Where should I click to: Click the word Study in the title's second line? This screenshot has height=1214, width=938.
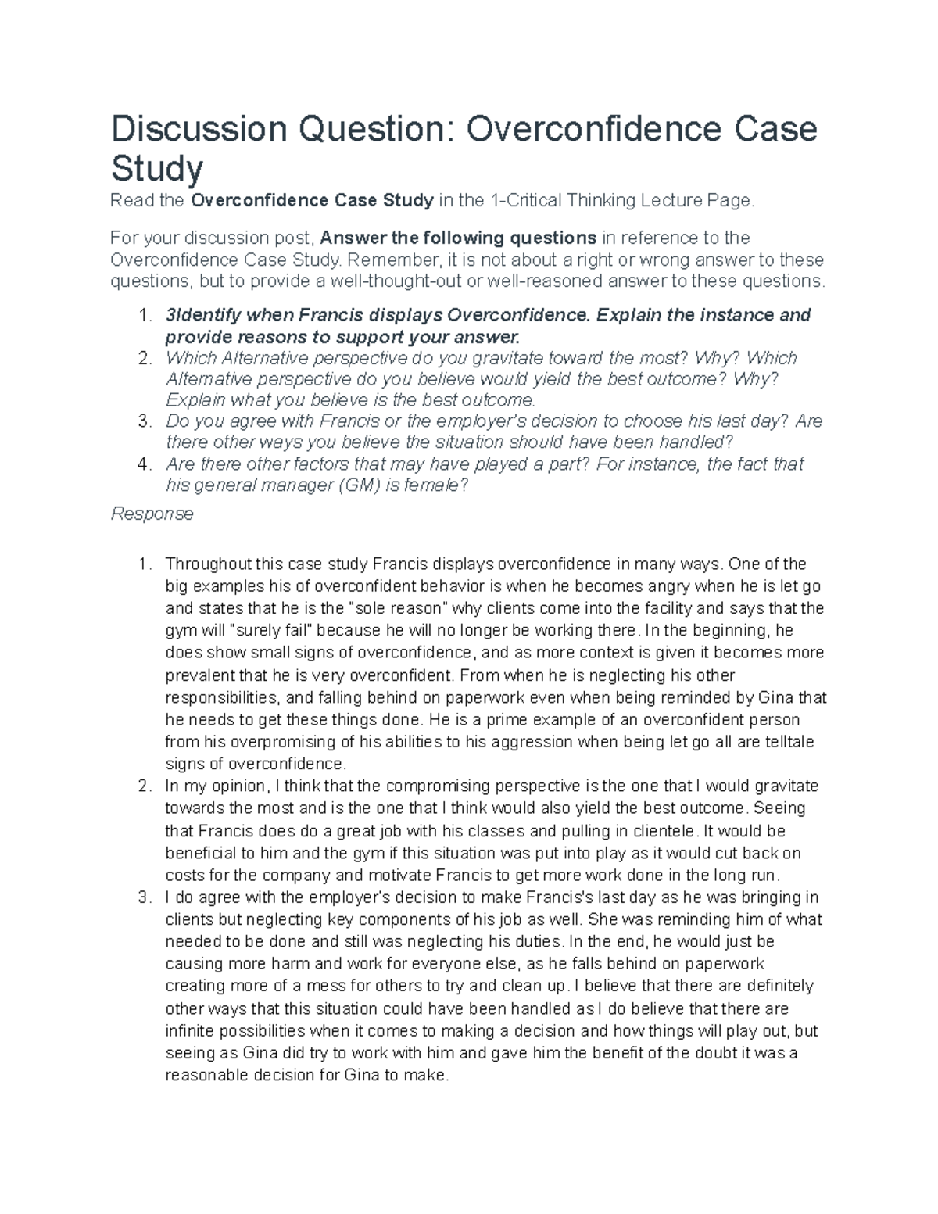pos(156,168)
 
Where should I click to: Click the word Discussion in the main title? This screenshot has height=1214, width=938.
pos(199,128)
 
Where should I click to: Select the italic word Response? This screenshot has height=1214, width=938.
pos(152,514)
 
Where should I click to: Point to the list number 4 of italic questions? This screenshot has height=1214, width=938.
pos(143,464)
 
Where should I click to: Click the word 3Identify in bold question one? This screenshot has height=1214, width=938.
pos(202,315)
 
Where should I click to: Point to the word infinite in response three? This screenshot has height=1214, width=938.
pos(191,1030)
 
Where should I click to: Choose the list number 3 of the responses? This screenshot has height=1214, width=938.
pos(143,897)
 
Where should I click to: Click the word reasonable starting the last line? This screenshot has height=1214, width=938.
pos(205,1075)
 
